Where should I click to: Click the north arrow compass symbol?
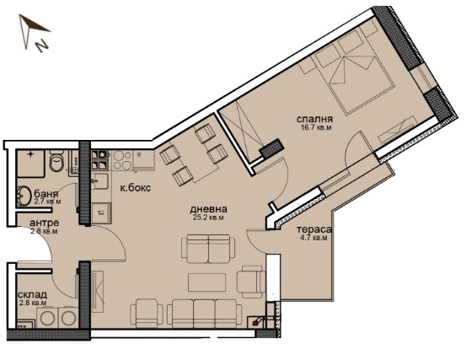point(34,35)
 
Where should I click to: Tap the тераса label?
point(312,228)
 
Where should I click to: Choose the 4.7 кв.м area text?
point(312,239)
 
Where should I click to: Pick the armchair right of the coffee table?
point(251,281)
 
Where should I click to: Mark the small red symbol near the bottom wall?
point(257,321)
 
